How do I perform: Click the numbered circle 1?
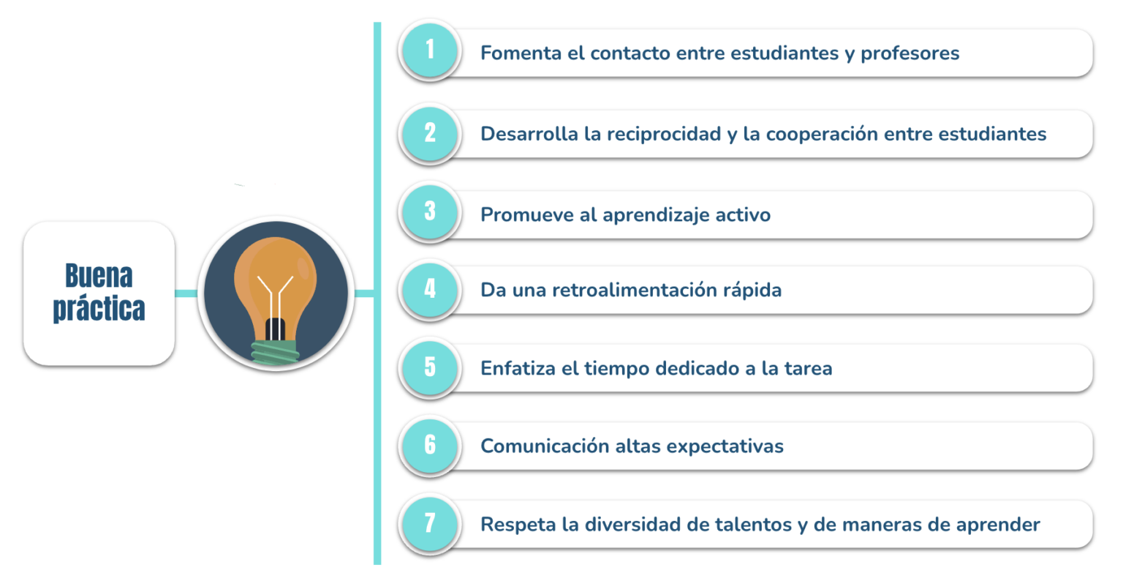(430, 50)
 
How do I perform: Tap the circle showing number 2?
(430, 133)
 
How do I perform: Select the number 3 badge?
(430, 211)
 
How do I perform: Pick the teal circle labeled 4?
(430, 290)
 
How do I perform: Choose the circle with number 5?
(430, 367)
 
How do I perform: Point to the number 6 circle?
(430, 445)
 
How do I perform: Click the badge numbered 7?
(430, 523)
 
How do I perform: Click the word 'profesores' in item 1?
(910, 53)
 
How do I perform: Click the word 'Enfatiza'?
(518, 368)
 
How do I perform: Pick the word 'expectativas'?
(725, 447)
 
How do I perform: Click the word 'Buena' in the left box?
(99, 275)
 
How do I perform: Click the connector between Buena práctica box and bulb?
(186, 293)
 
